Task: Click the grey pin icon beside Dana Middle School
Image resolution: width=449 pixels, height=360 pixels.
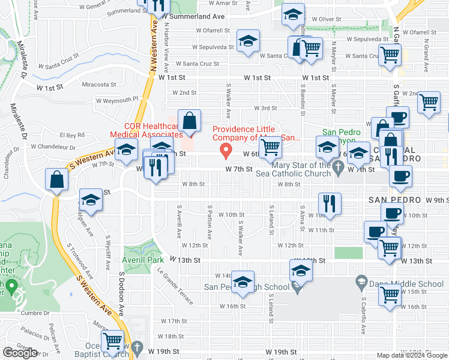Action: (362, 281)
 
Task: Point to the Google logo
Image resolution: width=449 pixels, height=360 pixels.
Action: (20, 353)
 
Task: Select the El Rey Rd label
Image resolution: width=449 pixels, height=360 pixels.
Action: (73, 135)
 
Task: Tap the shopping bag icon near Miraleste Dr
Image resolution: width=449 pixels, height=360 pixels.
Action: (56, 179)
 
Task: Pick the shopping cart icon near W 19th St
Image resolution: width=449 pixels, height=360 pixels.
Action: (113, 341)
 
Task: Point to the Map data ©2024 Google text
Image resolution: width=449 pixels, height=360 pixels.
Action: (411, 355)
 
